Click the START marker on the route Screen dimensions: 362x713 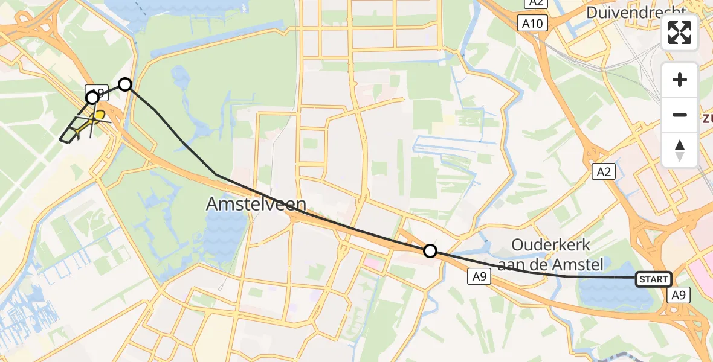click(653, 279)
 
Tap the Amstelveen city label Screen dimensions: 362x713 click(256, 204)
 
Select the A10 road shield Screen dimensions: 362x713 click(533, 24)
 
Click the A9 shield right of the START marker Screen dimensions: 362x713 click(678, 294)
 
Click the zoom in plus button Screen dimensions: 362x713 click(680, 80)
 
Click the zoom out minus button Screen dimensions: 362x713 click(680, 115)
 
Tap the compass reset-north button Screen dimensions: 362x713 click(680, 150)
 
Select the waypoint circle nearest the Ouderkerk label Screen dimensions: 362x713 click(430, 251)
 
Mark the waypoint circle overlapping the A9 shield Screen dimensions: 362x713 click(92, 97)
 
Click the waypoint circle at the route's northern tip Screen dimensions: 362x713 click(124, 84)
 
